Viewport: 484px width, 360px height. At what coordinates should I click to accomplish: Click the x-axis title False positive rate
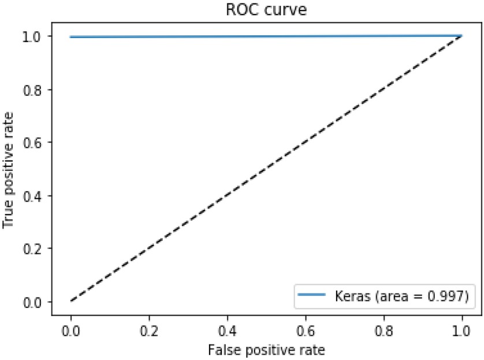pyautogui.click(x=266, y=350)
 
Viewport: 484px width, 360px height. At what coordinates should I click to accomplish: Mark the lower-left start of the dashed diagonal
pyautogui.click(x=71, y=301)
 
